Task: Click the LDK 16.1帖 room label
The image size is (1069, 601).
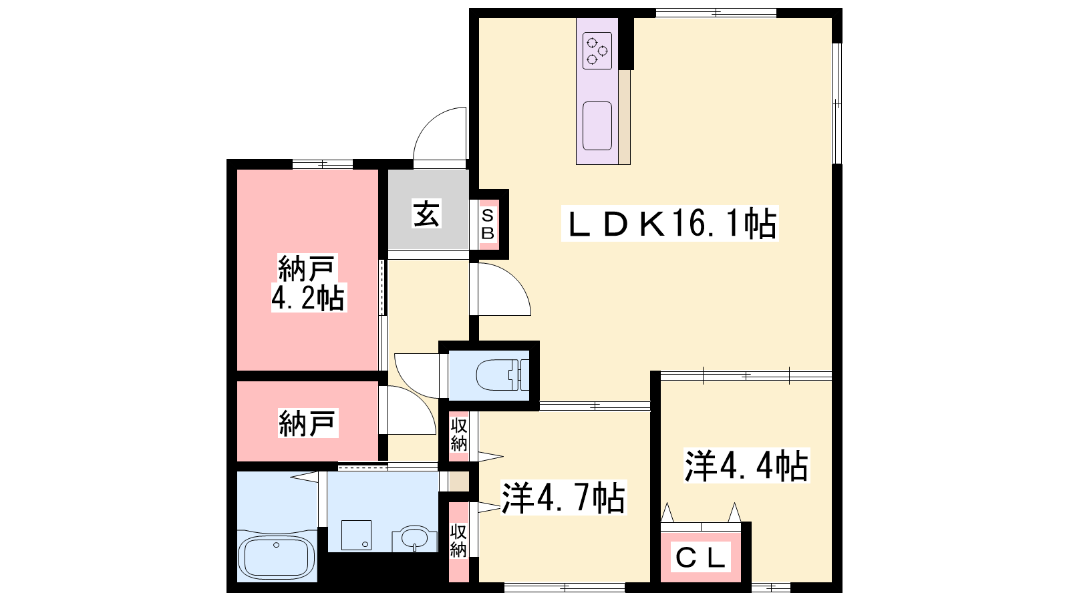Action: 669,223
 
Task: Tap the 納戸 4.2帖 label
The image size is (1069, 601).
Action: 308,283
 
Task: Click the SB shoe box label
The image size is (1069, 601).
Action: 487,225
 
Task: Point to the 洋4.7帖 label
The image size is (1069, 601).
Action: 563,498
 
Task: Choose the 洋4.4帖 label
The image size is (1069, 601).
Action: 746,465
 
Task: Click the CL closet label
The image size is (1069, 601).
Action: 701,557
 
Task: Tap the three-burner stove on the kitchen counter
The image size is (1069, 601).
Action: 597,51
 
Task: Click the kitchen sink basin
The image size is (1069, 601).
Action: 597,126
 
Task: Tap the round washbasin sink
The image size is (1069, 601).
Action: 414,538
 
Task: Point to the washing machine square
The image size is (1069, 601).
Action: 356,535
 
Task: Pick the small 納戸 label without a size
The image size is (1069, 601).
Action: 308,423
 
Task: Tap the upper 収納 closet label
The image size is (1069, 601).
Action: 458,435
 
